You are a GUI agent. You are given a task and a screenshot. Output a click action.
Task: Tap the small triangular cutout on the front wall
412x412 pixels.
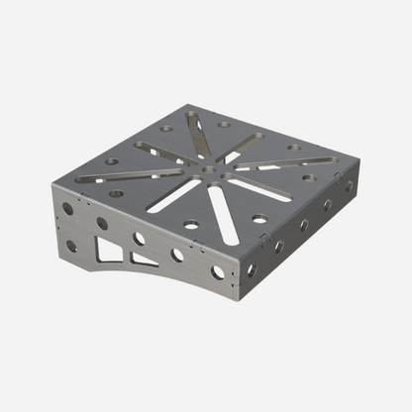[143, 259]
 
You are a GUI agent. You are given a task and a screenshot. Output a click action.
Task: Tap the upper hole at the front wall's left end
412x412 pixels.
[67, 209]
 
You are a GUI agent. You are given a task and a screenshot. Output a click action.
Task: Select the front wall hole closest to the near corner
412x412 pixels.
[218, 271]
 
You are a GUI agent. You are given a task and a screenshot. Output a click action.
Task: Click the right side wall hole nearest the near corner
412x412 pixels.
[252, 268]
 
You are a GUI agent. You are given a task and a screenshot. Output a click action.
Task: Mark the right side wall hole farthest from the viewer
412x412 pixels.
[349, 185]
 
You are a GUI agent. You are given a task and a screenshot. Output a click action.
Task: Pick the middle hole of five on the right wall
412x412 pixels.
[304, 225]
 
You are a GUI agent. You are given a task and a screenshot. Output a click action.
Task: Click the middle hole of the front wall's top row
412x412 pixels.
[139, 238]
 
